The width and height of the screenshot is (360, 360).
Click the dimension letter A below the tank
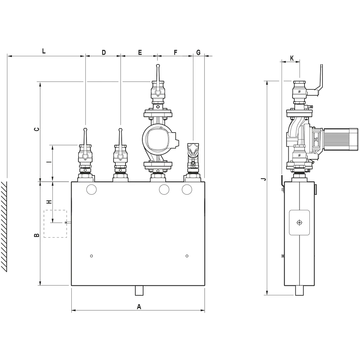pyautogui.click(x=139, y=307)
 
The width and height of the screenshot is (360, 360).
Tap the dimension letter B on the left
pyautogui.click(x=37, y=235)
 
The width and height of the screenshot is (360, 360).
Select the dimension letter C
pyautogui.click(x=37, y=129)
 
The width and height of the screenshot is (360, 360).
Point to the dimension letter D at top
pyautogui.click(x=104, y=53)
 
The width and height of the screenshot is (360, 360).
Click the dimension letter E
pyautogui.click(x=140, y=53)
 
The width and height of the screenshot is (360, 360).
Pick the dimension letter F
pyautogui.click(x=176, y=53)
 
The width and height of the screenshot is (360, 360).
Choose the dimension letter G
pyautogui.click(x=198, y=53)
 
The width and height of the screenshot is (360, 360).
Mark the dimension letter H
pyautogui.click(x=49, y=202)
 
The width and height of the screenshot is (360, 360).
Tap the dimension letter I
pyautogui.click(x=49, y=162)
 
